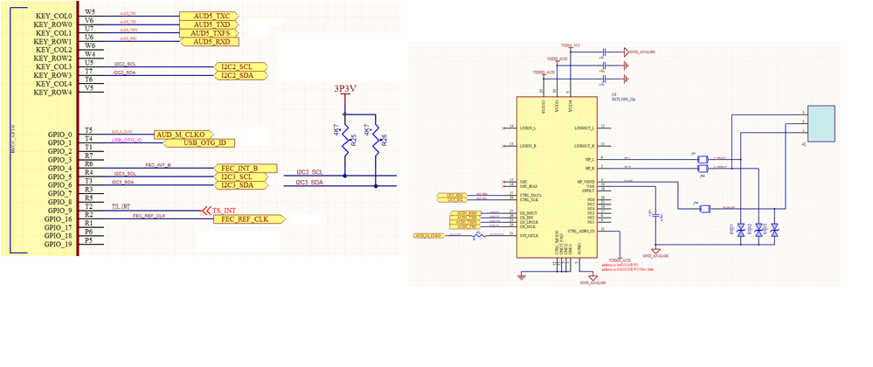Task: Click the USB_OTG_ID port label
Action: (x=204, y=142)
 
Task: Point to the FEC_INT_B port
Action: (x=245, y=168)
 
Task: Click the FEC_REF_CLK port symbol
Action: (x=247, y=218)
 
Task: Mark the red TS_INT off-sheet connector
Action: (x=218, y=210)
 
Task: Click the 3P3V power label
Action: (x=346, y=89)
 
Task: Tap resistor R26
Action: (x=377, y=143)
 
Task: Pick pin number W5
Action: (x=90, y=12)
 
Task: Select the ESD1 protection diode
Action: (x=741, y=230)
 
